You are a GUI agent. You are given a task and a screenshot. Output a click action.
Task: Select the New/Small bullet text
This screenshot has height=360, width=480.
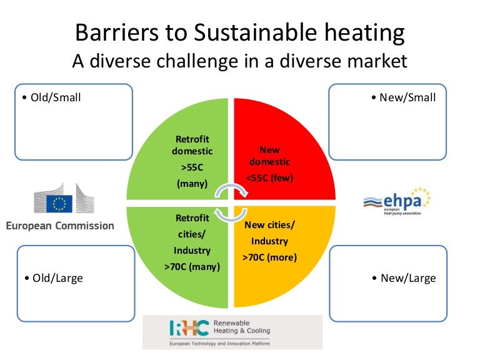pos(403,97)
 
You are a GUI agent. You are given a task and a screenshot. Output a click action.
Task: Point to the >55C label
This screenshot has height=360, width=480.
pos(192,168)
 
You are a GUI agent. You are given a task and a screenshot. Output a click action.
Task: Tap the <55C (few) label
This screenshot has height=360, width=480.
pos(269,178)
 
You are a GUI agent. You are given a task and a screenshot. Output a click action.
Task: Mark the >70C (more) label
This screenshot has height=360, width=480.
pos(269,257)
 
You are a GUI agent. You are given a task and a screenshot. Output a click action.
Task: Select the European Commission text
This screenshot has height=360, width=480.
pos(60,226)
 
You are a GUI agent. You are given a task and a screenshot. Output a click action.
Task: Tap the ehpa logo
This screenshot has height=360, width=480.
pos(397,201)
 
